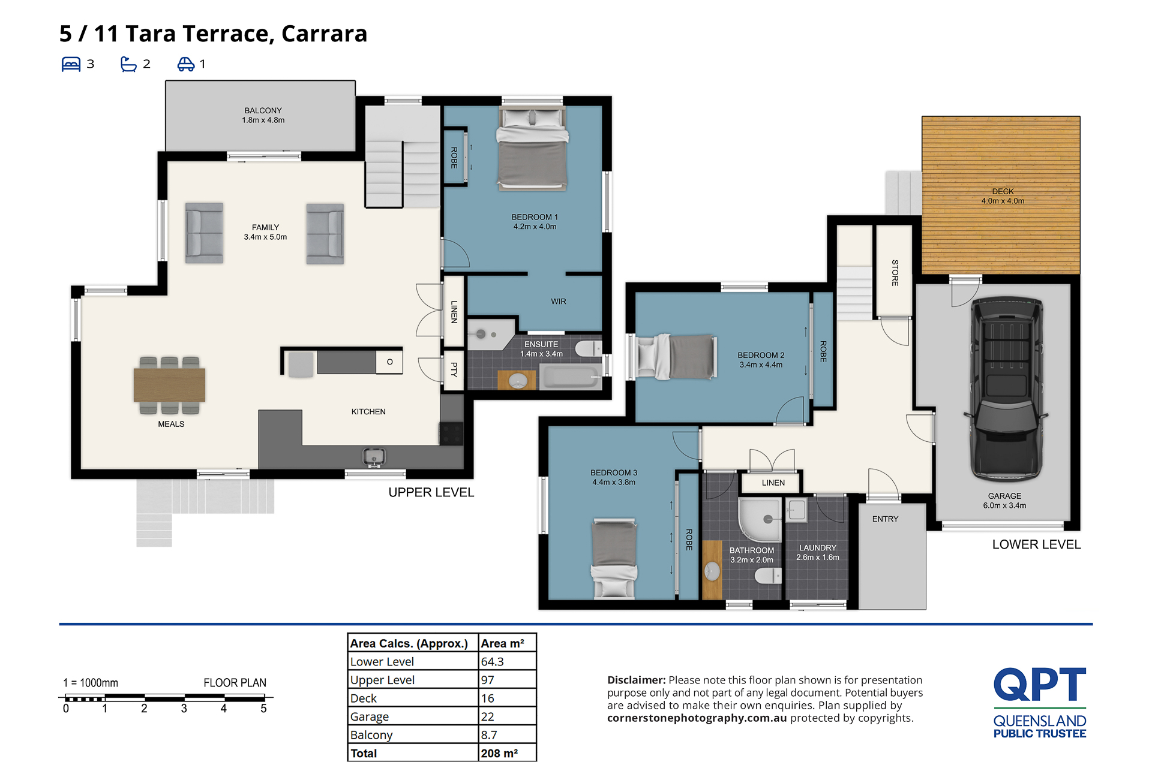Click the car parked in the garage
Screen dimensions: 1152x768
(x=1006, y=390)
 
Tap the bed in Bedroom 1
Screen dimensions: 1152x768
(x=532, y=149)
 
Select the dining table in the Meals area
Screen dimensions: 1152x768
(x=169, y=385)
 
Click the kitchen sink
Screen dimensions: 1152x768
(x=373, y=457)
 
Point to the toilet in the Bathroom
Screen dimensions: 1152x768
(x=767, y=576)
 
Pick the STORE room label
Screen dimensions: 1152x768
(x=895, y=273)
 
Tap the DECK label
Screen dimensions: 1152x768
(x=1003, y=191)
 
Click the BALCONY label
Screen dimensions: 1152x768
(x=263, y=110)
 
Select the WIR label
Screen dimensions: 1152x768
(x=559, y=302)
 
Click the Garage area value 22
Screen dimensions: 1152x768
(x=488, y=716)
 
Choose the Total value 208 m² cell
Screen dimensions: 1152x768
(x=499, y=753)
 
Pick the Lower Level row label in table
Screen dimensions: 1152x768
(x=382, y=661)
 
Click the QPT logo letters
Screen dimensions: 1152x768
(x=1040, y=684)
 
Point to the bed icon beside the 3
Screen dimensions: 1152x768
(x=71, y=64)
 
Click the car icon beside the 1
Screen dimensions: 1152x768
(x=186, y=64)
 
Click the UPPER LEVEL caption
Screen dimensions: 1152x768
(x=431, y=492)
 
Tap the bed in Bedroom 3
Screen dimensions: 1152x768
(x=614, y=559)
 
